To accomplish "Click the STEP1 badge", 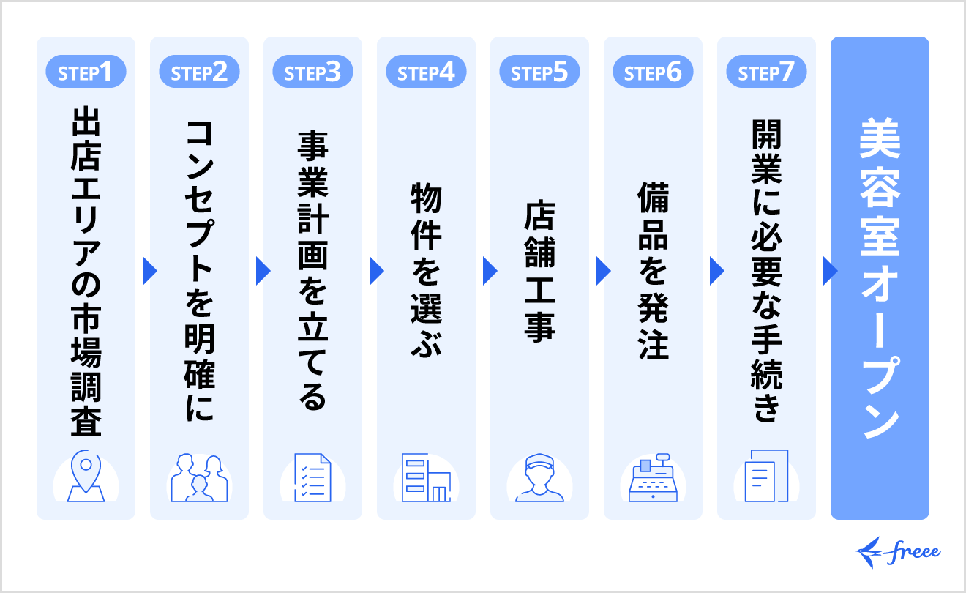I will click(x=86, y=73).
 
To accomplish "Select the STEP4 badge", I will click(x=426, y=73).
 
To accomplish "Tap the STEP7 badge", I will click(x=766, y=73).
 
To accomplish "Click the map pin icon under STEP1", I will click(x=86, y=476).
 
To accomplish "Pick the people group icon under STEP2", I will click(x=199, y=477).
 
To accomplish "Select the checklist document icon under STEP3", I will click(x=312, y=477).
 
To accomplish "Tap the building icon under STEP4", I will click(x=426, y=477).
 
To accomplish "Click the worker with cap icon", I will click(x=539, y=477).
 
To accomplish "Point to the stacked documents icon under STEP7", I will click(x=766, y=476).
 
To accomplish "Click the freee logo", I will click(x=899, y=551).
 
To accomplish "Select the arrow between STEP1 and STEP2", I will click(x=149, y=271).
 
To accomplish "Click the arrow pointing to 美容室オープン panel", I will click(x=830, y=271).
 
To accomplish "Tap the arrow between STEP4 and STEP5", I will click(x=490, y=271).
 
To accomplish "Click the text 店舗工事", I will click(x=539, y=271).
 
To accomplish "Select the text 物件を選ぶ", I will click(x=426, y=271).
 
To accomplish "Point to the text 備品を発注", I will click(x=653, y=271).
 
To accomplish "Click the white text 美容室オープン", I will click(x=880, y=278).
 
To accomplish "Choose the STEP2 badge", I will click(x=199, y=73).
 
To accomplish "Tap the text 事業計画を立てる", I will click(x=312, y=271).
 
